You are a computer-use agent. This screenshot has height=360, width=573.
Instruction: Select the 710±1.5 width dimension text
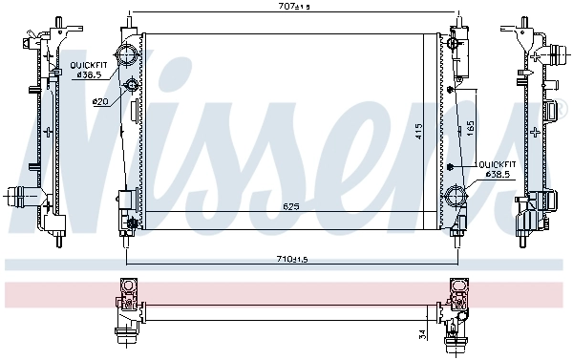pyautogui.click(x=290, y=258)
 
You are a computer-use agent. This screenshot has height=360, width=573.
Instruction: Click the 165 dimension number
pyautogui.click(x=469, y=126)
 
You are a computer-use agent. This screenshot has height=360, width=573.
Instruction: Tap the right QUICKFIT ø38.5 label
pyautogui.click(x=498, y=169)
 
